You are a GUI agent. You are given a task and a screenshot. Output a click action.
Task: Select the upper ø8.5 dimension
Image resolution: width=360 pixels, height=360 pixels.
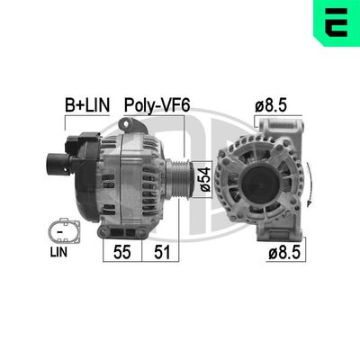tap(271, 105)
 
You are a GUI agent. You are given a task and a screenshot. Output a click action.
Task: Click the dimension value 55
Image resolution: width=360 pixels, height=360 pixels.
tap(121, 252)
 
